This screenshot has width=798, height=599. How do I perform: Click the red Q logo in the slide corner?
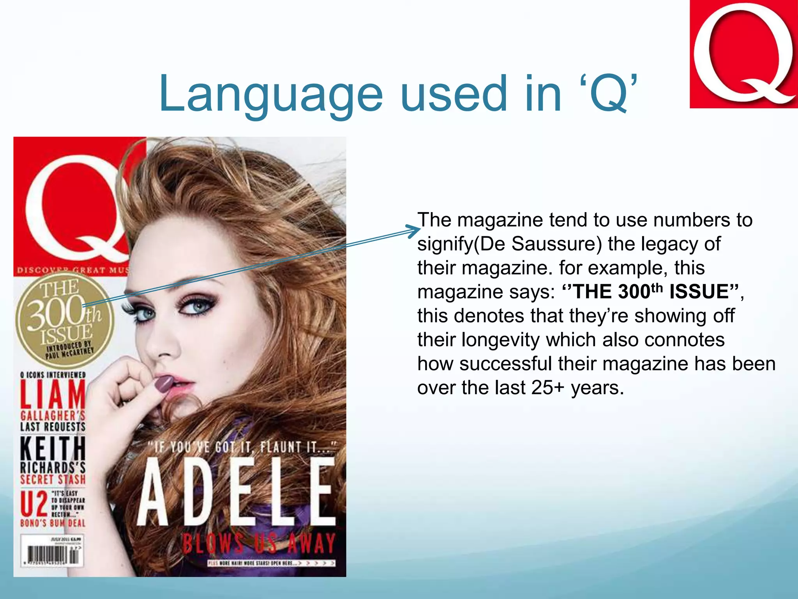743,54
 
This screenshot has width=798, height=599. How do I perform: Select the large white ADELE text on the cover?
236,492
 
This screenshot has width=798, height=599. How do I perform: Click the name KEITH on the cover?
53,448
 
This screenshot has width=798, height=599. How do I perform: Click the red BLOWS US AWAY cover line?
259,543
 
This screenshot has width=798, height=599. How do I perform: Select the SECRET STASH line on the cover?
53,479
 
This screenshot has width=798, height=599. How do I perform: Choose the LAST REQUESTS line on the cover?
53,427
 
